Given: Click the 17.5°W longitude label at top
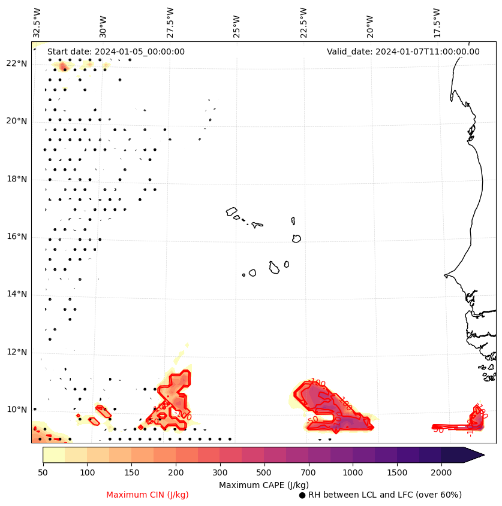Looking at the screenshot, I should click(437, 22).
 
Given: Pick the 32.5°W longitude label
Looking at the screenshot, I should click(37, 22).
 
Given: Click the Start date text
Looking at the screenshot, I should click(116, 51).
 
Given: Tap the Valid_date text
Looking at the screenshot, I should click(403, 51).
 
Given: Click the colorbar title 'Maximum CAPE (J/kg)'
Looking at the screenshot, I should click(263, 484).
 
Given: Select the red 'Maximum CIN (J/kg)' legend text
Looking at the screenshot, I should click(148, 495).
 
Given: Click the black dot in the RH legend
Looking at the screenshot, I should click(302, 495).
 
